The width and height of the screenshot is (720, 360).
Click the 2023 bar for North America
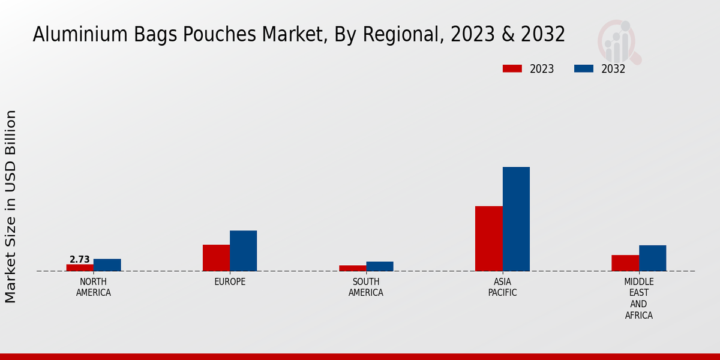coord(80,268)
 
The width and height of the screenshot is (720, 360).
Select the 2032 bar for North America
coord(107,265)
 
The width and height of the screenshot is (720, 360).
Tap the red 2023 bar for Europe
coord(216,257)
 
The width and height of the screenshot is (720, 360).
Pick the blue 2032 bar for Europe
coord(243,251)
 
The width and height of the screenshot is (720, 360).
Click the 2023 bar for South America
coord(352,268)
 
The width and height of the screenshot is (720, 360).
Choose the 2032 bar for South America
coord(380,266)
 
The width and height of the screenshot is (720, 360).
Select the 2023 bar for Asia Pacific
coord(488,238)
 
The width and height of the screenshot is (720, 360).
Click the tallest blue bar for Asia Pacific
coord(516,219)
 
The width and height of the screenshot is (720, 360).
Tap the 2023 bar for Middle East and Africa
coord(625,263)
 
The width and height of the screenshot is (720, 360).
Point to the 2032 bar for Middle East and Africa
coord(652,258)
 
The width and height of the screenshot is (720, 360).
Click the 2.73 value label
coord(80,260)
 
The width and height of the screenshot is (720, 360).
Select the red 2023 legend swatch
coord(512,68)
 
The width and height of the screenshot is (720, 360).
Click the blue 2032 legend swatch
coord(583,68)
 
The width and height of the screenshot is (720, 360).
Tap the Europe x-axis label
coord(230,282)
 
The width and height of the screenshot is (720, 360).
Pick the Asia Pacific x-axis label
coord(502,287)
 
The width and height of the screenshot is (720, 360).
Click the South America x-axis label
coord(366,287)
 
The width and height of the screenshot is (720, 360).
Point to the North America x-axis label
coord(94,287)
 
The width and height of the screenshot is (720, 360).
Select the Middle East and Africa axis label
coord(639,298)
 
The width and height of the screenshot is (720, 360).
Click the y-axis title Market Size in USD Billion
coord(11,206)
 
